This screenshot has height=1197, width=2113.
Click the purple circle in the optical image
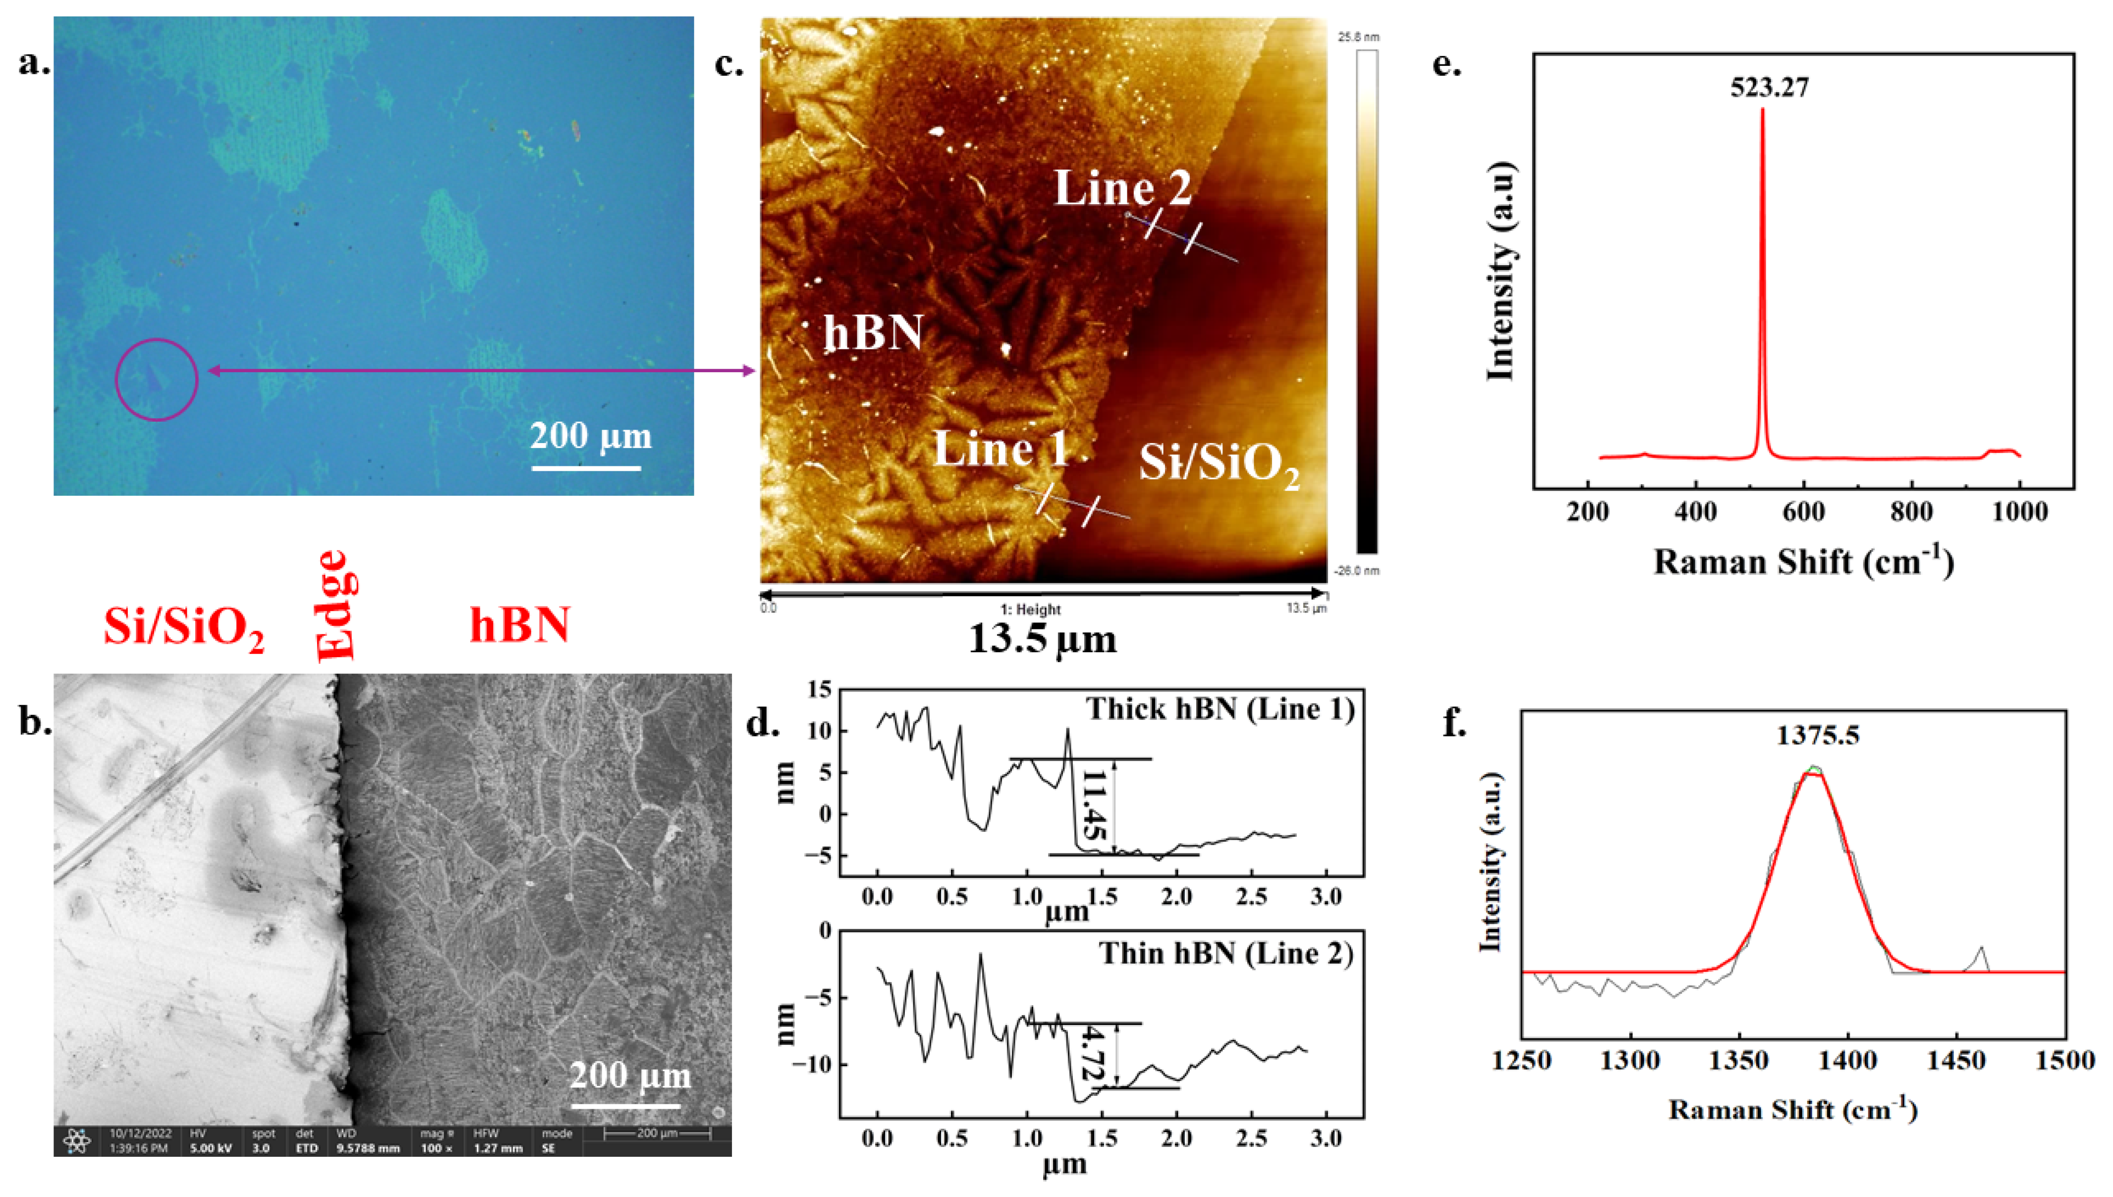point(156,380)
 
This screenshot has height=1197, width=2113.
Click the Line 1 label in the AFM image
point(1001,449)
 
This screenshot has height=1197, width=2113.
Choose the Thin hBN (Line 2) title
point(1225,954)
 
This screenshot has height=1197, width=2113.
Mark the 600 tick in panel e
point(1803,512)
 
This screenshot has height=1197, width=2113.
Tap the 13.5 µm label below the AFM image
point(1042,639)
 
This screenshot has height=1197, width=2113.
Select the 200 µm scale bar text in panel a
point(590,436)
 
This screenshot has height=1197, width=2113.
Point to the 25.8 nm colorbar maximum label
point(1358,37)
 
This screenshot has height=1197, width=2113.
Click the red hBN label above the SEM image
point(519,625)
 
